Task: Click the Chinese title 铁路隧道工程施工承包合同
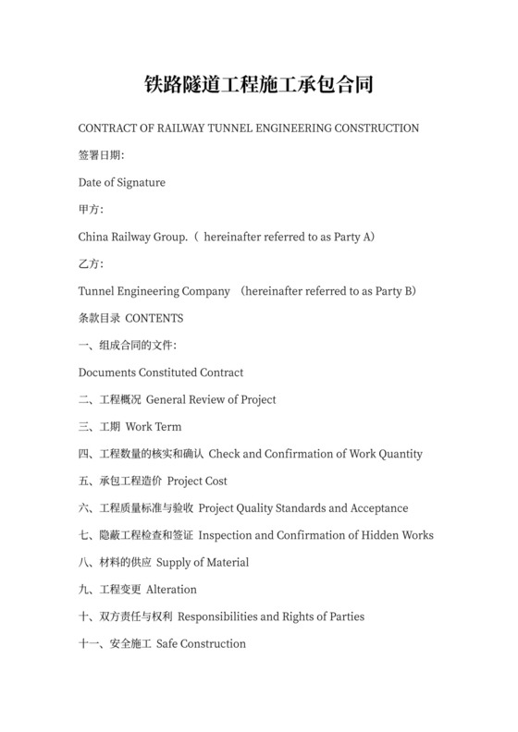pyautogui.click(x=258, y=85)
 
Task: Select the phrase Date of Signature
pyautogui.click(x=122, y=182)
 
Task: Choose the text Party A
pyautogui.click(x=351, y=237)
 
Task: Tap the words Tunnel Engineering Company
pyautogui.click(x=154, y=291)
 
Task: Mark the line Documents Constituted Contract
pyautogui.click(x=161, y=372)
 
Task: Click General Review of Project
pyautogui.click(x=211, y=399)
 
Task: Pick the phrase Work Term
pyautogui.click(x=154, y=427)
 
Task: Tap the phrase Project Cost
pyautogui.click(x=197, y=481)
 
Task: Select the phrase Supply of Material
pyautogui.click(x=203, y=562)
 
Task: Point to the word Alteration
pyautogui.click(x=171, y=589)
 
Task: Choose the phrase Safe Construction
pyautogui.click(x=202, y=643)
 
